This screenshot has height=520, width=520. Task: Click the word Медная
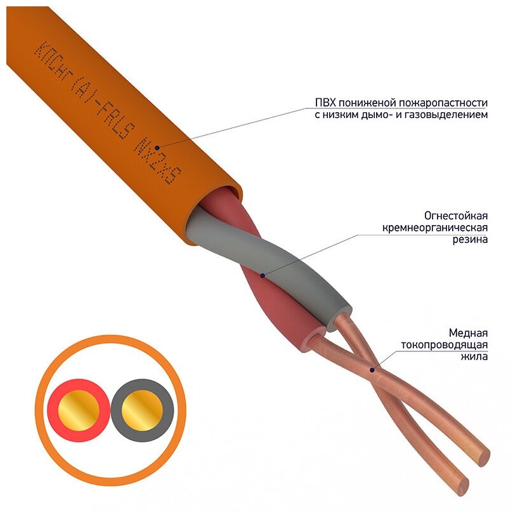coord(468,333)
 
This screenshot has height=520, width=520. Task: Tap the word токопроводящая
coord(444,345)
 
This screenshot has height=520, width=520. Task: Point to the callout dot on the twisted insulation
coord(262,275)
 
